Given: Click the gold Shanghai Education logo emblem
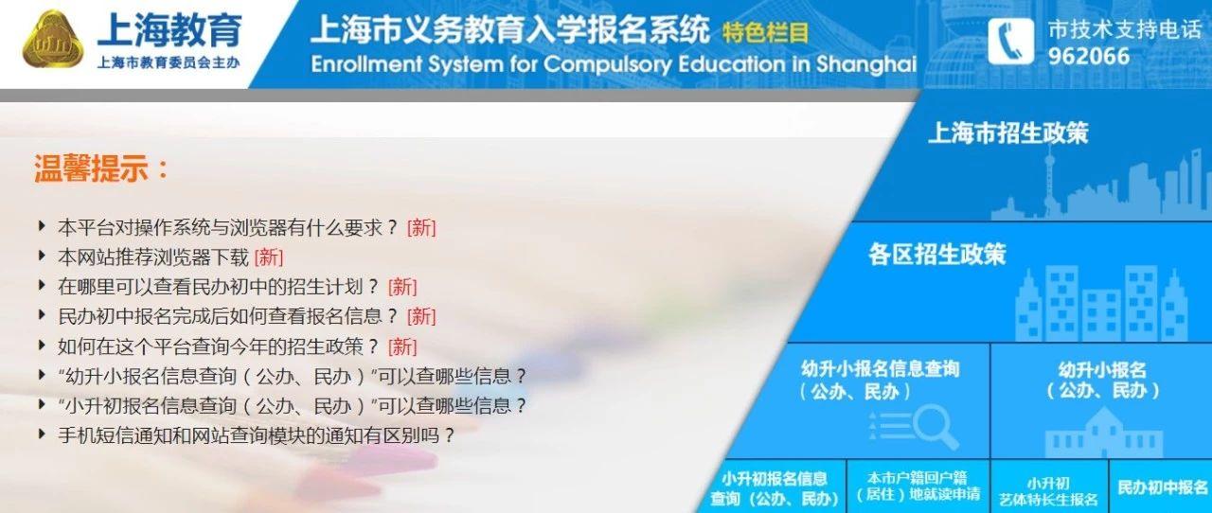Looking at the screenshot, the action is pyautogui.click(x=53, y=40).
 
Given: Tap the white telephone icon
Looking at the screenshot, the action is pyautogui.click(x=1010, y=42).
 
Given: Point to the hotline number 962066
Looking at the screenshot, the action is pyautogui.click(x=1089, y=56).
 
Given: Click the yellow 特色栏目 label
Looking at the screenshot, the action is pyautogui.click(x=765, y=32).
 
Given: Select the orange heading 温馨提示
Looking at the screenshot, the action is pyautogui.click(x=101, y=168).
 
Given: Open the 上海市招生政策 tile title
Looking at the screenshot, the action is pyautogui.click(x=1008, y=133).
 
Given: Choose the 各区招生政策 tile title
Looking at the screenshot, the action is pyautogui.click(x=936, y=254).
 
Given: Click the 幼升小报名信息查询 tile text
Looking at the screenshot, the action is pyautogui.click(x=880, y=380).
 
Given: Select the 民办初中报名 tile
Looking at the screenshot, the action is pyautogui.click(x=1162, y=487).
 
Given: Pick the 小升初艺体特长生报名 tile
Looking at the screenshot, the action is pyautogui.click(x=1049, y=490).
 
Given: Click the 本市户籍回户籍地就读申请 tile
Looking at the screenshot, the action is pyautogui.click(x=918, y=486).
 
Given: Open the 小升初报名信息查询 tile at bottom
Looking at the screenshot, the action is pyautogui.click(x=774, y=488).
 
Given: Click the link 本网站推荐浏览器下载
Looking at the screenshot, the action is pyautogui.click(x=153, y=257).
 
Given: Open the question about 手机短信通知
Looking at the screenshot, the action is pyautogui.click(x=256, y=435).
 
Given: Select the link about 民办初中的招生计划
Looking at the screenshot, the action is pyautogui.click(x=218, y=287).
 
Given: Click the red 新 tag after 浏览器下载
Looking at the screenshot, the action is pyautogui.click(x=268, y=257).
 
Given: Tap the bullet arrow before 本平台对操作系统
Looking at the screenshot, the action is pyautogui.click(x=42, y=225).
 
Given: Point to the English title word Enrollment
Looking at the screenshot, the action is pyautogui.click(x=366, y=63).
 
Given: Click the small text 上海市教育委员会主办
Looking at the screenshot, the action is pyautogui.click(x=169, y=62).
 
